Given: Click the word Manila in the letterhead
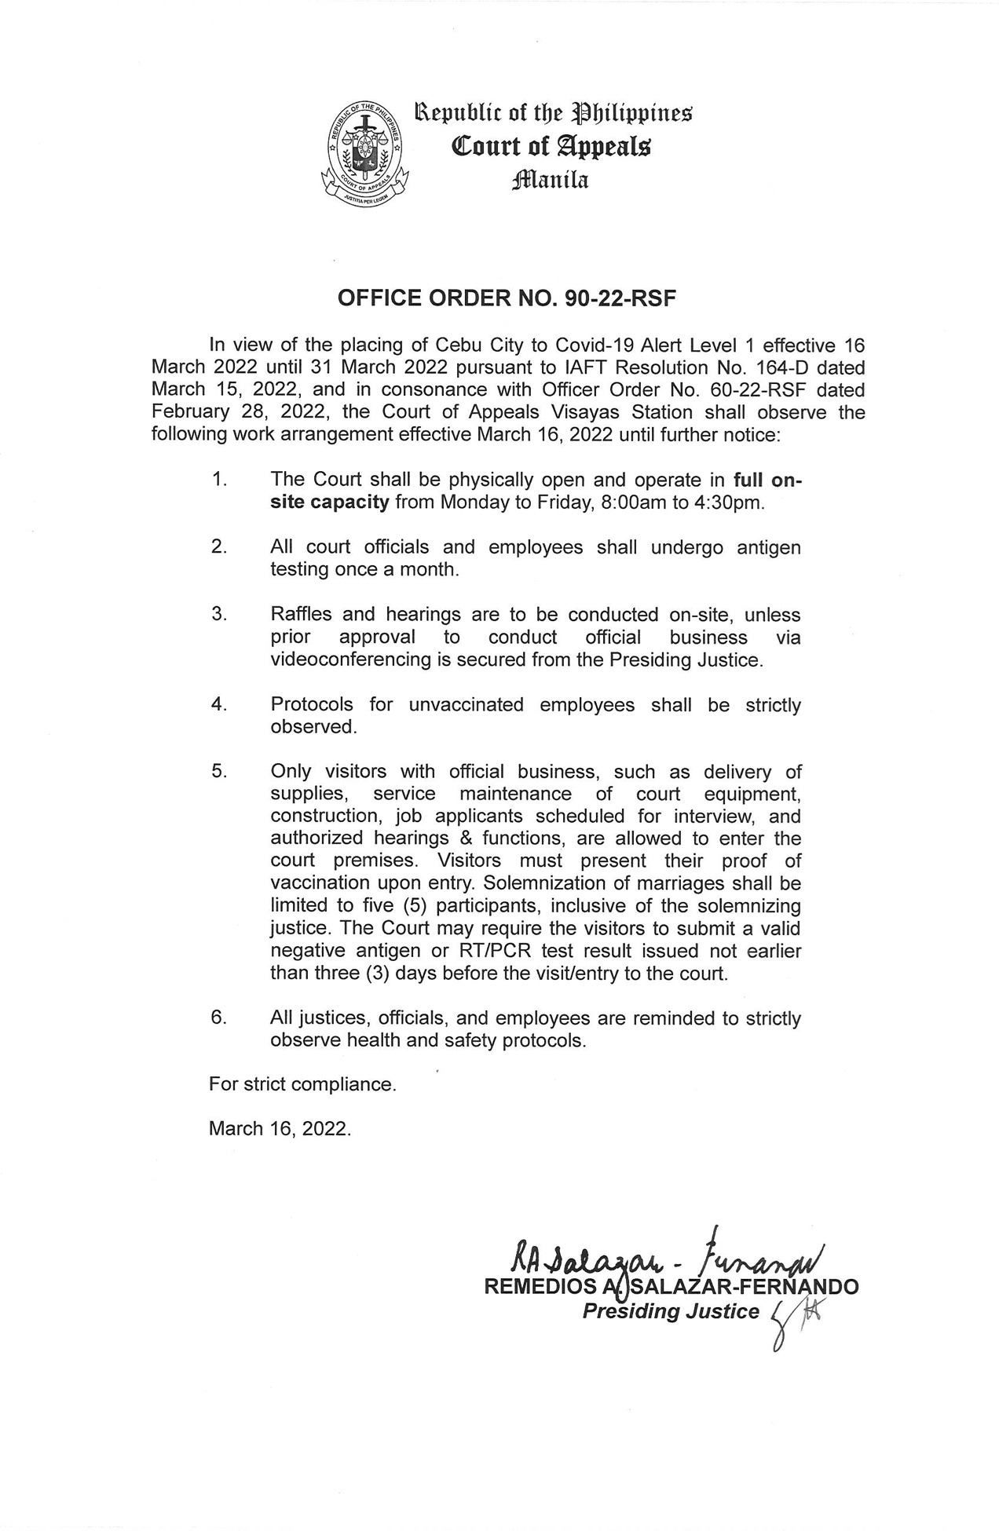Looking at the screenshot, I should point(549,181).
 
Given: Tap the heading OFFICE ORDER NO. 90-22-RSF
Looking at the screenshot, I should point(507,298).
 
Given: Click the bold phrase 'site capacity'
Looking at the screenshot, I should point(330,502).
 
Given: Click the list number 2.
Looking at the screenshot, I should point(219,546).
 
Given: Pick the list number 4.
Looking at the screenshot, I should point(219,704).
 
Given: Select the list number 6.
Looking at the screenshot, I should point(219,1018).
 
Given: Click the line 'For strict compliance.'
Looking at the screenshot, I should point(302,1084).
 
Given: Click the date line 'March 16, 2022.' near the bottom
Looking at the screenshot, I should point(280,1128).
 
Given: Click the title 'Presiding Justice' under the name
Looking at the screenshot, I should point(671,1311).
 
